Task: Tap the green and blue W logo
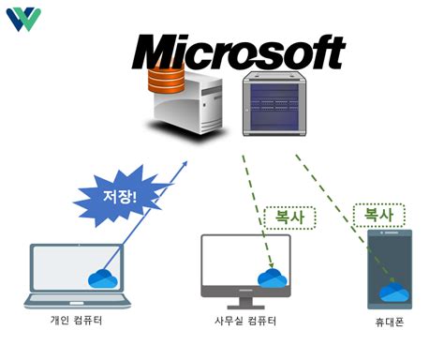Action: point(22,20)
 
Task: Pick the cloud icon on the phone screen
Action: point(392,291)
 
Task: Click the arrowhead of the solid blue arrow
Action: point(184,165)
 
